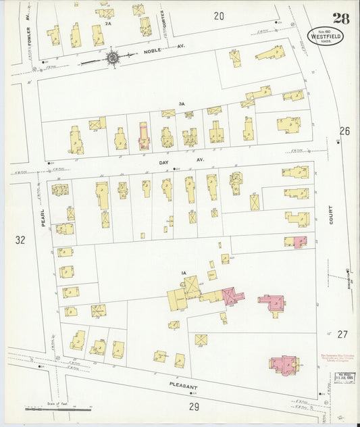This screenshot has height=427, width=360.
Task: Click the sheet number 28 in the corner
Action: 340,18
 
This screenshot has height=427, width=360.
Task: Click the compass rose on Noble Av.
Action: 112,57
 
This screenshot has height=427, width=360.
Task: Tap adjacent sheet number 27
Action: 342,334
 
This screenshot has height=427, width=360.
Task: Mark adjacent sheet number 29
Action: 195,406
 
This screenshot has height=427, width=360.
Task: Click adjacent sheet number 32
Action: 20,239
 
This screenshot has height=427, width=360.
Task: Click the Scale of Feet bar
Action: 57,409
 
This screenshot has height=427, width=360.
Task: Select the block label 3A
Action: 181,103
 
